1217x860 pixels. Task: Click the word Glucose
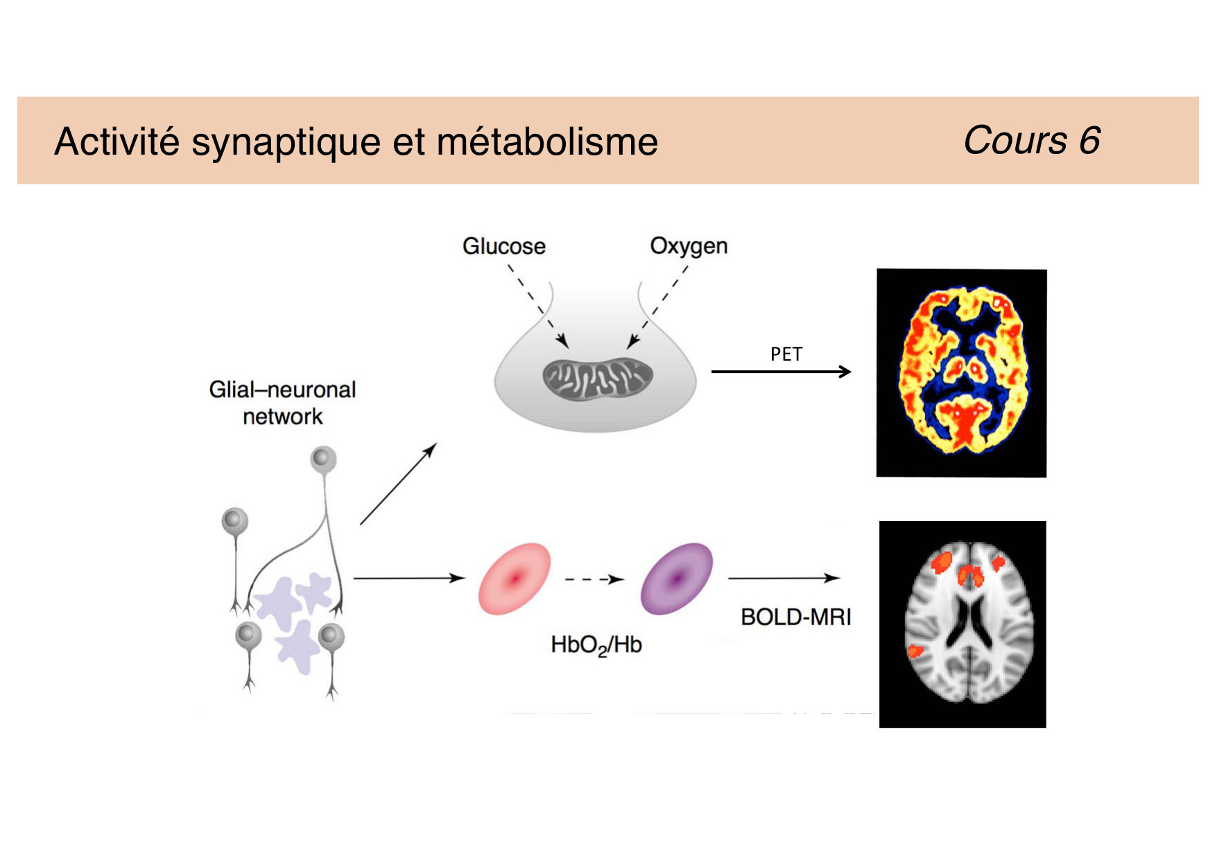(503, 246)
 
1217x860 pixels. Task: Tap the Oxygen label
(689, 246)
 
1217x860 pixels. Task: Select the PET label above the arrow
(786, 354)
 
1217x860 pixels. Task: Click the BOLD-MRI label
(795, 617)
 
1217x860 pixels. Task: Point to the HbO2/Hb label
(596, 645)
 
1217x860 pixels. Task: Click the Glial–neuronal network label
(282, 403)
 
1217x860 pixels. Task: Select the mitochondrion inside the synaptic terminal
(597, 378)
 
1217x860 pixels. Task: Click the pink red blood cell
(514, 578)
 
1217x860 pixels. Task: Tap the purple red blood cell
(677, 578)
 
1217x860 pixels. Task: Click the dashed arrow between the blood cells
(594, 579)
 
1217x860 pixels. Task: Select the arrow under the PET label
(781, 372)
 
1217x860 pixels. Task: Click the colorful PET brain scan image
(962, 372)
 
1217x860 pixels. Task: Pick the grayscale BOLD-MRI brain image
(963, 623)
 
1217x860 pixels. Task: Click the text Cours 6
(1031, 141)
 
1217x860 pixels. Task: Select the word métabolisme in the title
(547, 142)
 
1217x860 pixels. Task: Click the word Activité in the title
(117, 141)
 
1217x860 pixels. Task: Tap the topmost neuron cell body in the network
(323, 458)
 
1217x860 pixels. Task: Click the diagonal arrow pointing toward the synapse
(398, 483)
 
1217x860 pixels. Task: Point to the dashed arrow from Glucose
(538, 305)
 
